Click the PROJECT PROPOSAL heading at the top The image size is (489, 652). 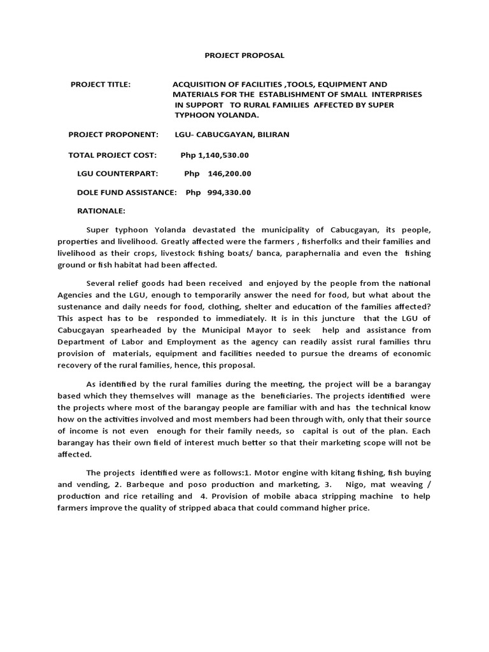click(x=244, y=55)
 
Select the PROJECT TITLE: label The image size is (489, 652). click(x=101, y=84)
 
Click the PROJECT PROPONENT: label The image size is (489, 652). click(x=113, y=135)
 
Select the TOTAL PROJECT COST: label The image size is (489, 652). click(x=112, y=155)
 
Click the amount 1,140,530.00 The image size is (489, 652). click(x=223, y=155)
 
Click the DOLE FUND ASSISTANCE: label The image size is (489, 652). click(x=127, y=192)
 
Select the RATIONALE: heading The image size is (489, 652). click(x=101, y=211)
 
